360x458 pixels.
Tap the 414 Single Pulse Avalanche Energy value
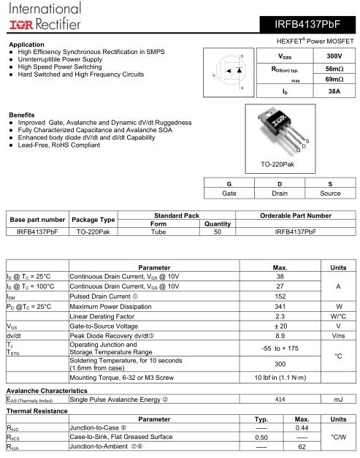pos(280,400)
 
